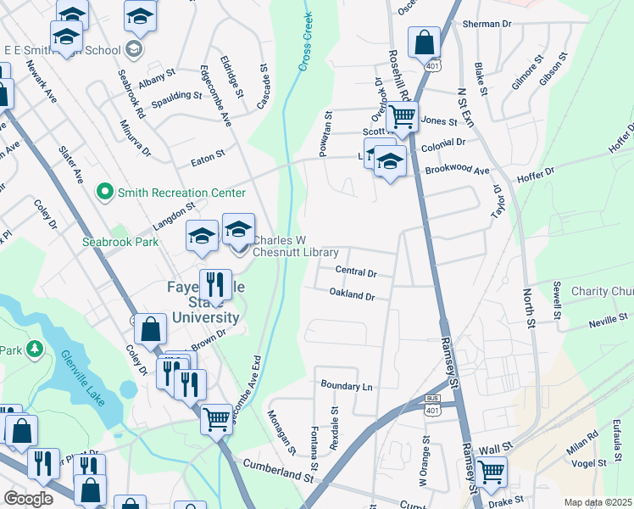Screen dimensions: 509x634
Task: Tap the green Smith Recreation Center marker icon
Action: [x=105, y=193]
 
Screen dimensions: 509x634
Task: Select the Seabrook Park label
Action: [x=120, y=242]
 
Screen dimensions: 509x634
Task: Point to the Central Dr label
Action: [x=355, y=271]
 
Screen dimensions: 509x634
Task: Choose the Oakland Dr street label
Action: [x=352, y=295]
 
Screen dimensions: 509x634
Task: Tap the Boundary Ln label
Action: [x=347, y=385]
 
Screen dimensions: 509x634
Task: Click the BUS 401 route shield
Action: [x=432, y=405]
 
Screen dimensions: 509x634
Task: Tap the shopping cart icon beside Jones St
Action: [x=403, y=116]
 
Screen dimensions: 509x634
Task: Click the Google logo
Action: [x=28, y=499]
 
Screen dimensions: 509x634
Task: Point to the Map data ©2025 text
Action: [x=598, y=502]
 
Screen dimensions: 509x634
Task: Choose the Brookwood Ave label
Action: [x=458, y=171]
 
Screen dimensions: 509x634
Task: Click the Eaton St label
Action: [x=208, y=154]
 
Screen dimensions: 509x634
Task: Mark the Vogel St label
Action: [x=589, y=463]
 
